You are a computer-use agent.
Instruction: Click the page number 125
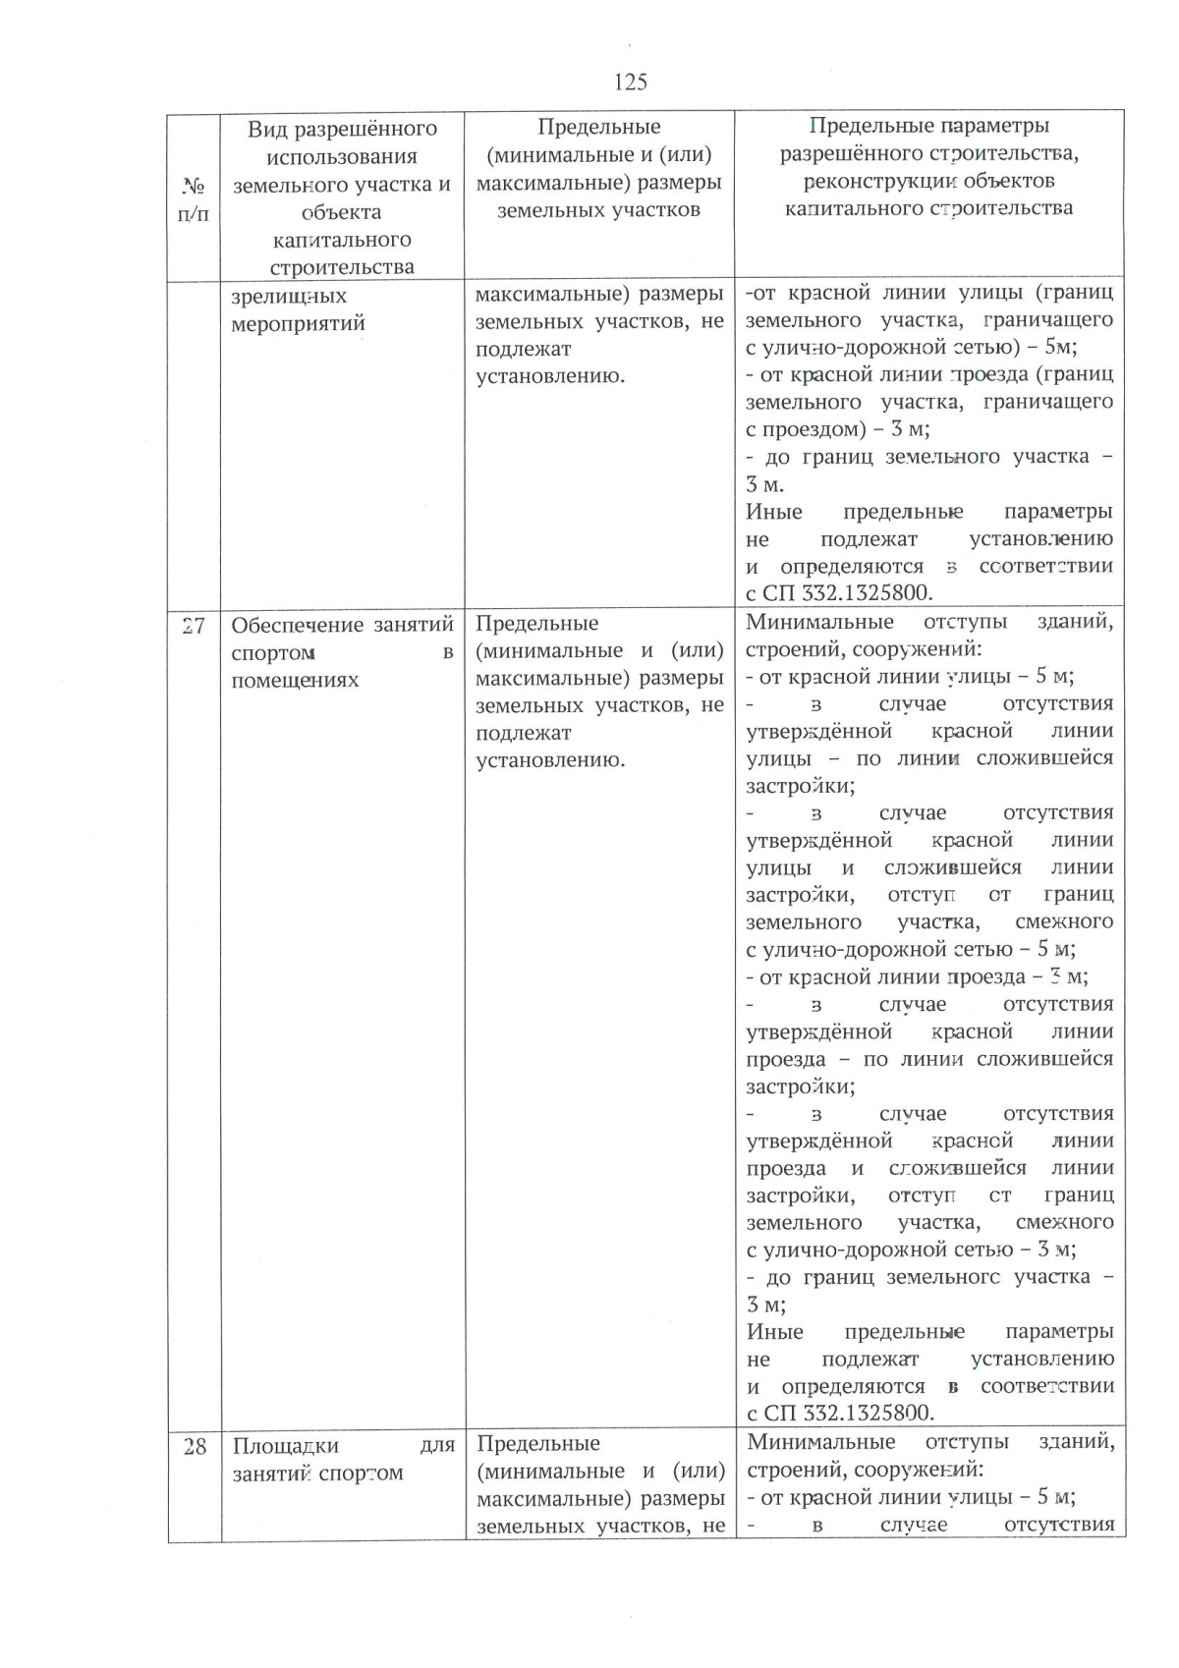tap(630, 82)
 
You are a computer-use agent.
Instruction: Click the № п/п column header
tap(194, 198)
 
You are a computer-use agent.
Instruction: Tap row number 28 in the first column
tap(195, 1446)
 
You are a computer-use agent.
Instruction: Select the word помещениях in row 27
tap(295, 680)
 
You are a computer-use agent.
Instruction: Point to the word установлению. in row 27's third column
tap(550, 759)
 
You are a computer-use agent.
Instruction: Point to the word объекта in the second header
tap(341, 212)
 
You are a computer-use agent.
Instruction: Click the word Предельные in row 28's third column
tap(537, 1443)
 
